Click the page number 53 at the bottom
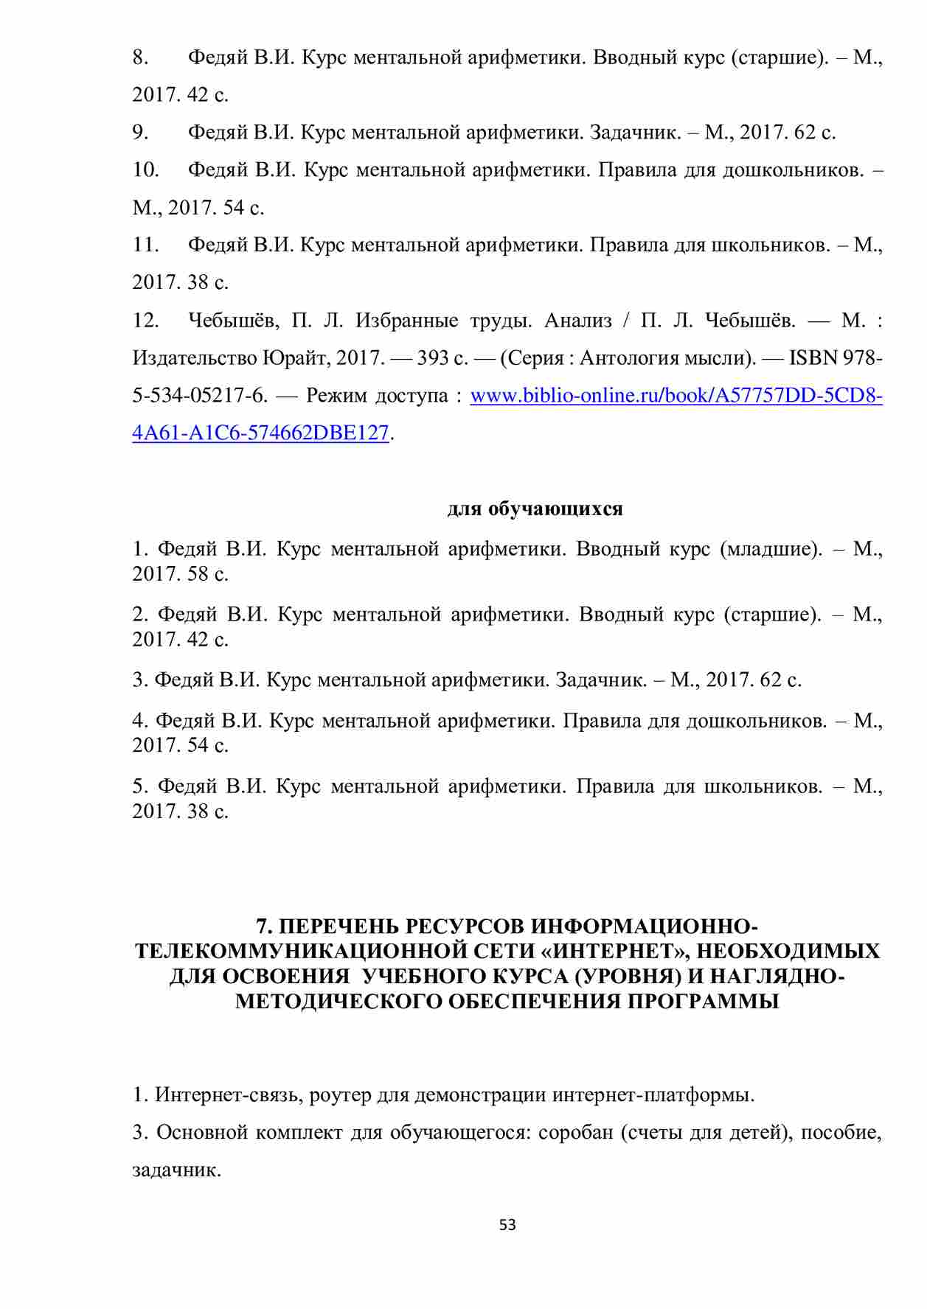pyautogui.click(x=507, y=1225)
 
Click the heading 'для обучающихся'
pyautogui.click(x=535, y=509)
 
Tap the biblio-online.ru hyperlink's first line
pyautogui.click(x=676, y=396)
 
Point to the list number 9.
pyautogui.click(x=141, y=133)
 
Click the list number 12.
pyautogui.click(x=146, y=321)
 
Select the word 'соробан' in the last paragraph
pyautogui.click(x=575, y=1132)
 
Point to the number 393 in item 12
pyautogui.click(x=433, y=358)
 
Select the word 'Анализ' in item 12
pyautogui.click(x=578, y=321)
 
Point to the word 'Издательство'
pyautogui.click(x=195, y=358)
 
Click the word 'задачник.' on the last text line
pyautogui.click(x=177, y=1170)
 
